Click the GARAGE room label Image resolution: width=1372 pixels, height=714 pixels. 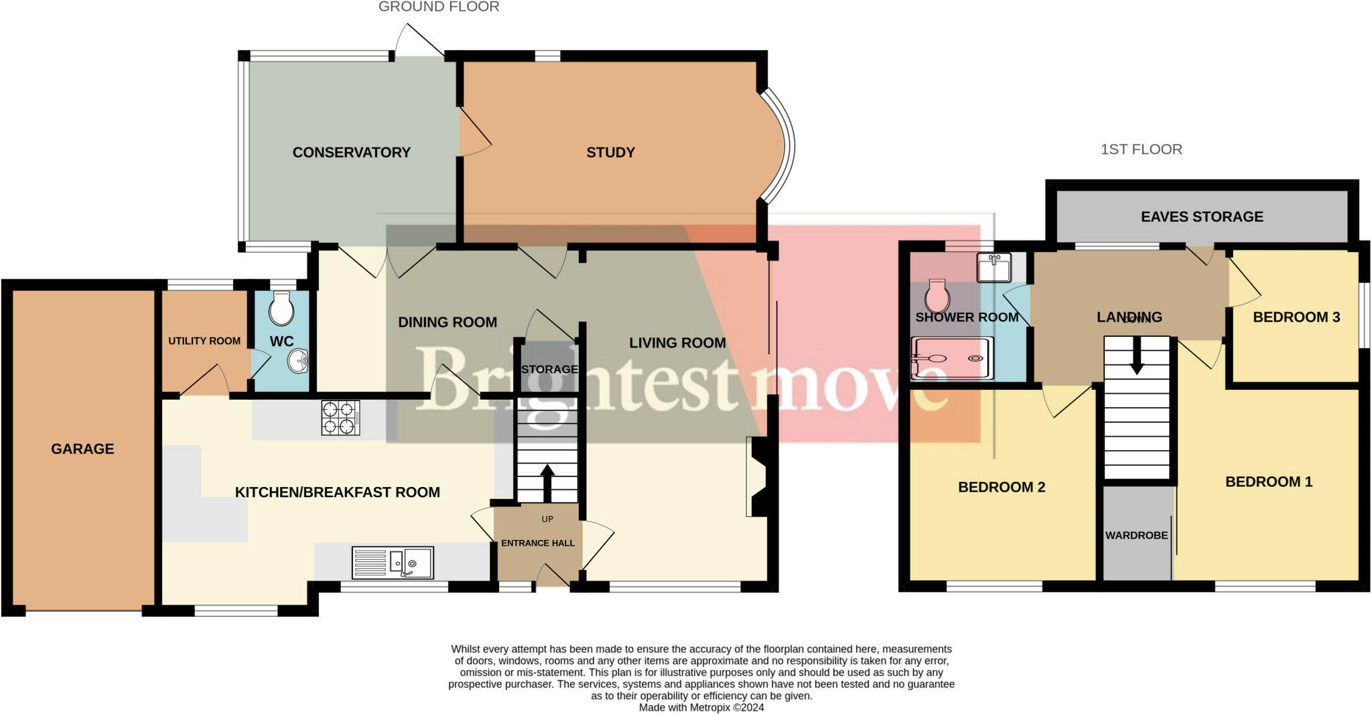[82, 449]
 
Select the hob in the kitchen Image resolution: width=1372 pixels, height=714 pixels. [340, 418]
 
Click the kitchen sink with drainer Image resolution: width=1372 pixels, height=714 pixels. [393, 563]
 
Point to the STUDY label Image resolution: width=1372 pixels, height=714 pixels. [610, 153]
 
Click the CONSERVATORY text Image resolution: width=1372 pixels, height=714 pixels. [351, 153]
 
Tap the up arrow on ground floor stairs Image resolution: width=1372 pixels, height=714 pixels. [547, 482]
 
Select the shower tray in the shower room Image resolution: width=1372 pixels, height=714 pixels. [952, 358]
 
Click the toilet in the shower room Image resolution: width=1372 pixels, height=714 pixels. [937, 296]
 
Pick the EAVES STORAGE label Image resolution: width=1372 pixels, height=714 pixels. [1202, 217]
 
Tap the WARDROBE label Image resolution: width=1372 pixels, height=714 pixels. [1136, 536]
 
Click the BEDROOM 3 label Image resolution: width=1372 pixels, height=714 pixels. [1296, 317]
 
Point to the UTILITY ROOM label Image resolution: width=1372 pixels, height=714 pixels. [204, 341]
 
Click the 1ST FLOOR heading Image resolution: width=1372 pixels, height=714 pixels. [1141, 149]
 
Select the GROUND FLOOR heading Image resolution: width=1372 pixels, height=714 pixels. [439, 7]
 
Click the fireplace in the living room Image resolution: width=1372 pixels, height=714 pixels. [759, 477]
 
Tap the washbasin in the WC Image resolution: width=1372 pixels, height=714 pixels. [298, 362]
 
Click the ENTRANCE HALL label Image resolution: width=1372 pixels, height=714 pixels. [538, 543]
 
